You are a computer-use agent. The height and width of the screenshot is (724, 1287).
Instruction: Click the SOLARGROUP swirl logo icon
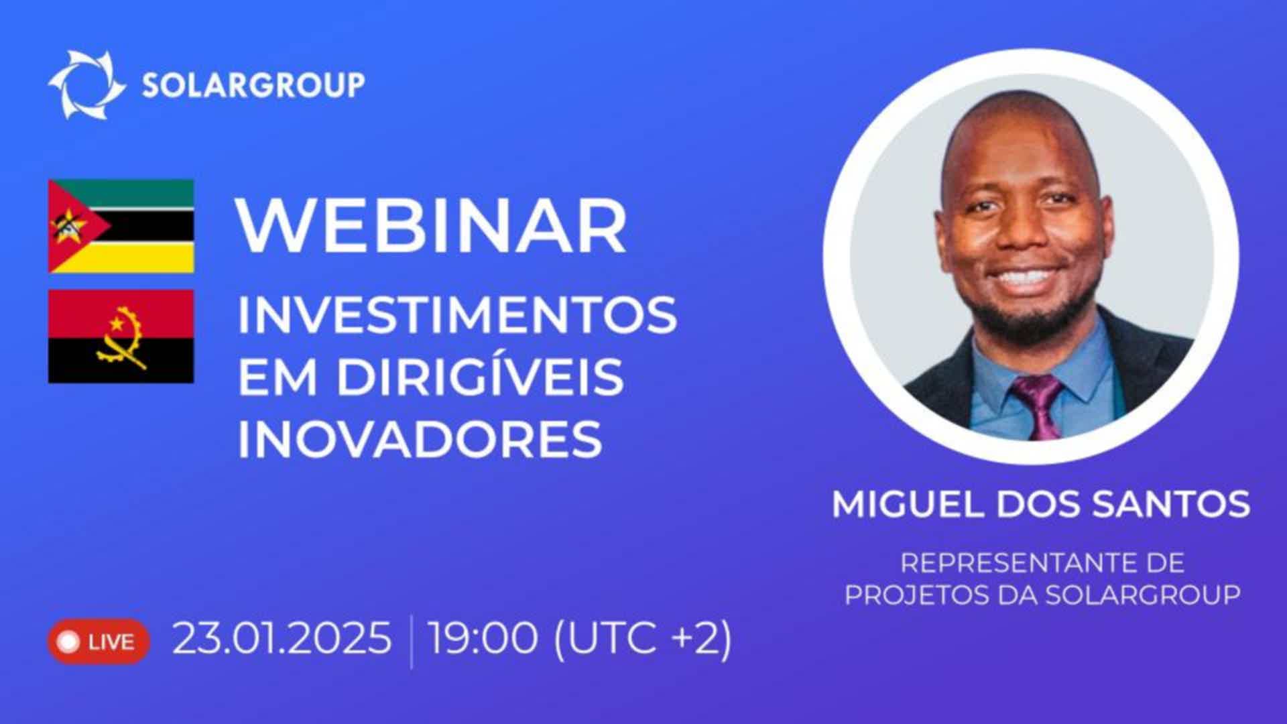(x=86, y=84)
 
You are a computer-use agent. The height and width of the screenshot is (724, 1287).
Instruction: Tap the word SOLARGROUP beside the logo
(x=253, y=85)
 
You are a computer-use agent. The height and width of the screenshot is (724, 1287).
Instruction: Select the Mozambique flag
(x=121, y=226)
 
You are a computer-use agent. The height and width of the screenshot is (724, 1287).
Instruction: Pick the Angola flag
(x=121, y=336)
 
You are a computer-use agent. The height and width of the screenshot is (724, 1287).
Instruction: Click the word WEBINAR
(x=432, y=226)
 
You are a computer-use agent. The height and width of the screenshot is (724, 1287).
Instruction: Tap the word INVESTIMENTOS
(x=457, y=314)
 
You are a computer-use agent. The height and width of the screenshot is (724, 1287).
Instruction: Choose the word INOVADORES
(x=420, y=439)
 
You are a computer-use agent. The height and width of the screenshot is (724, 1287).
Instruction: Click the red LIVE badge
(x=98, y=642)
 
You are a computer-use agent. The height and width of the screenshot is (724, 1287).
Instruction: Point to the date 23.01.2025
(x=282, y=638)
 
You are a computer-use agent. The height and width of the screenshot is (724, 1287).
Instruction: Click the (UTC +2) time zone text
(x=642, y=638)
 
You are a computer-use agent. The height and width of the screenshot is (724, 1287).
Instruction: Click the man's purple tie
(x=1037, y=406)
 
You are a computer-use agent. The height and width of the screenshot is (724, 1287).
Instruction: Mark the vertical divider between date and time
(x=411, y=642)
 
